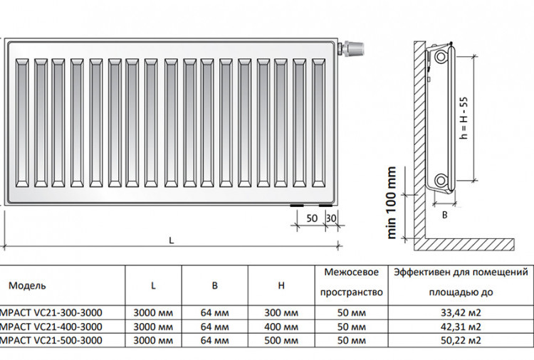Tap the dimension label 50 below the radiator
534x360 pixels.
tap(312, 218)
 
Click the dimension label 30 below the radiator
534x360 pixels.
tap(331, 218)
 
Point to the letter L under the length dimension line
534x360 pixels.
tap(172, 240)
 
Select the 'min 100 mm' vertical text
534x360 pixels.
tap(392, 203)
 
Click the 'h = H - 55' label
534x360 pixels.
tap(464, 118)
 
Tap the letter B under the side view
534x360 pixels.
tap(444, 215)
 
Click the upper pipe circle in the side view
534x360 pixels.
tap(441, 56)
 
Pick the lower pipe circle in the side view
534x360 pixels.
tap(441, 180)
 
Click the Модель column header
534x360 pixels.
tap(27, 285)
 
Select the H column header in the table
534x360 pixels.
tap(281, 285)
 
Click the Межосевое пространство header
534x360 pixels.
tap(352, 282)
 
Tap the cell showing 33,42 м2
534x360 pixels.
tap(461, 312)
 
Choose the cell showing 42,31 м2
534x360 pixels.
tap(461, 327)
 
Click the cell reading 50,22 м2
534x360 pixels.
tap(461, 340)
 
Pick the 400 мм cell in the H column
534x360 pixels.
tap(281, 327)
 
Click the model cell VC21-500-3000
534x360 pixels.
tap(51, 340)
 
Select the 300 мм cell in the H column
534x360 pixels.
tap(281, 312)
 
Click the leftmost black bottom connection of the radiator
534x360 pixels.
tap(297, 206)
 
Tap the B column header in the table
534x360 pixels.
tap(214, 285)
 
